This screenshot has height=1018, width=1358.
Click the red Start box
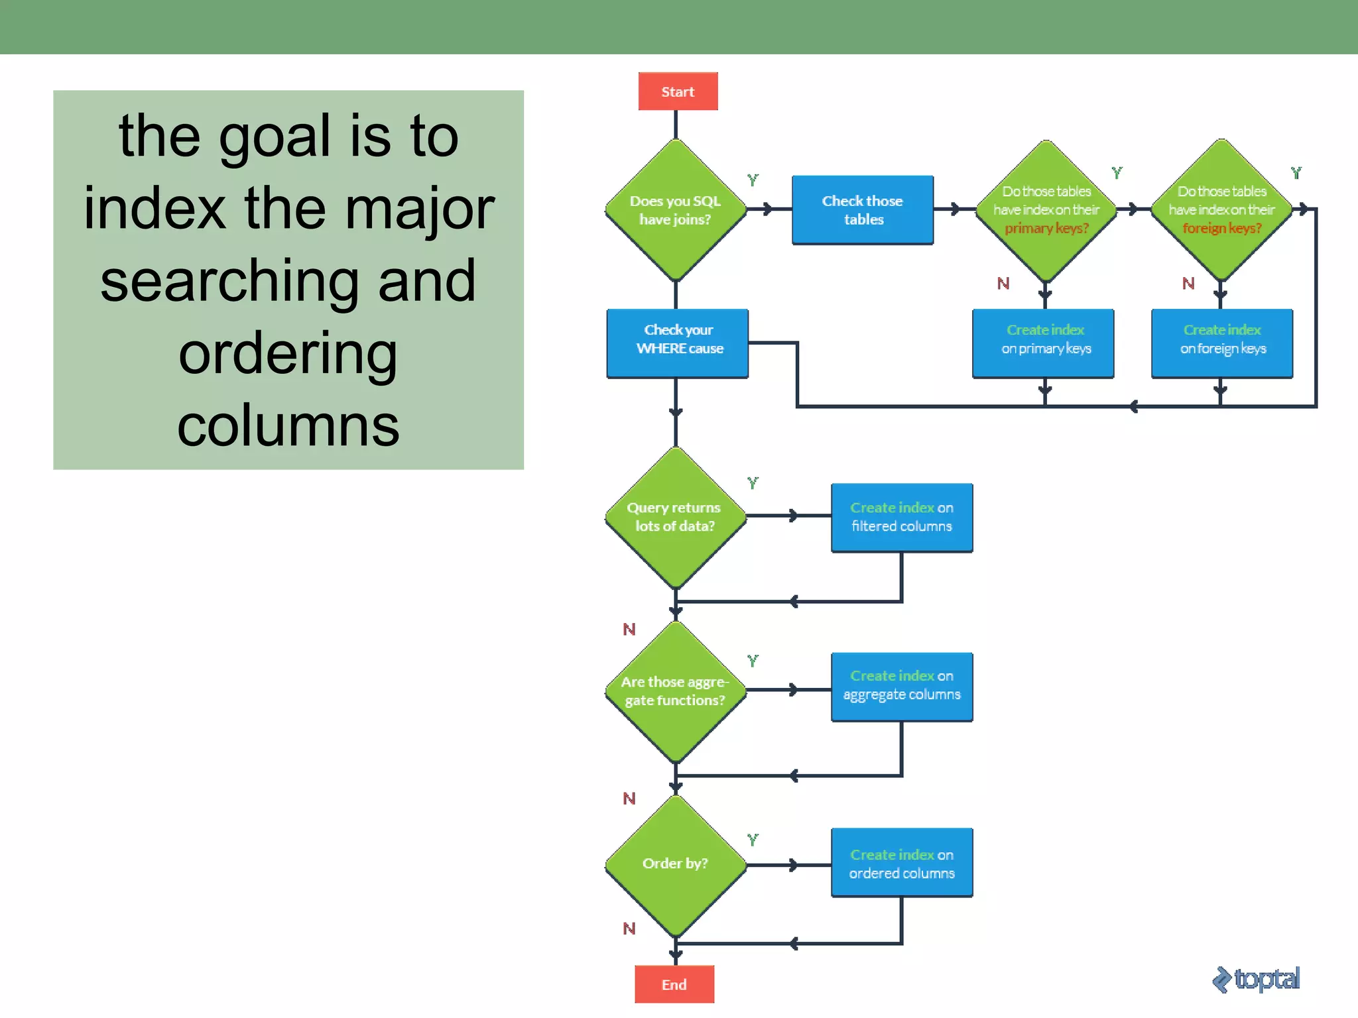click(678, 91)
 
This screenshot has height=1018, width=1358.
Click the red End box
click(674, 984)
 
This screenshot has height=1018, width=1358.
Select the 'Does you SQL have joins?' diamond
click(675, 210)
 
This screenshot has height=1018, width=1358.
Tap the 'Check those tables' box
click(863, 210)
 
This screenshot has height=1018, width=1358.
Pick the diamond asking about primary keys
click(1046, 210)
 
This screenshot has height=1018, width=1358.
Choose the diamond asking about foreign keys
click(1221, 210)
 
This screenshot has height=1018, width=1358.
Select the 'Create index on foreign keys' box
click(1222, 343)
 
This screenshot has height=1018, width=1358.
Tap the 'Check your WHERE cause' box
click(678, 343)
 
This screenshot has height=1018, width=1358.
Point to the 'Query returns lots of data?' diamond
click(675, 517)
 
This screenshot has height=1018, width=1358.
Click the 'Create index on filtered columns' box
click(902, 518)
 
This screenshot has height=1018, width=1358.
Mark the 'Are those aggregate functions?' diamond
click(675, 691)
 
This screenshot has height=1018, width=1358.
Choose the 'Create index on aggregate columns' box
click(902, 687)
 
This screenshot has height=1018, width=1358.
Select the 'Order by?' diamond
click(675, 864)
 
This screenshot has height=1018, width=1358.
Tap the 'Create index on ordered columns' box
click(902, 863)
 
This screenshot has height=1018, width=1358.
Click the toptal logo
click(1256, 980)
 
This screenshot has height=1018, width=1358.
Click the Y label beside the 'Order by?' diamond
click(753, 840)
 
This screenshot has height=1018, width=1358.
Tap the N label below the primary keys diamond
click(1003, 284)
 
